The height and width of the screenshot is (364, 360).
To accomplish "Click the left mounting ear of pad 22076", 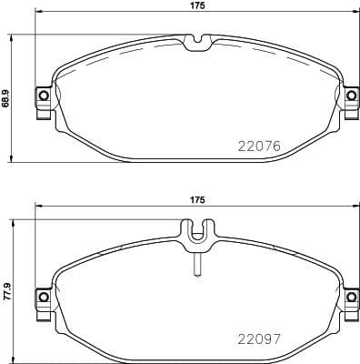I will click(x=41, y=96).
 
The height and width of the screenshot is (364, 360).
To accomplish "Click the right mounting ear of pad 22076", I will click(x=350, y=96).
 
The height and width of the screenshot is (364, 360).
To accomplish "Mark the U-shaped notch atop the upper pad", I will click(x=195, y=42).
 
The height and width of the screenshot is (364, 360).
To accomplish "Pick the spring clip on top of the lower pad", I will click(x=195, y=234).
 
